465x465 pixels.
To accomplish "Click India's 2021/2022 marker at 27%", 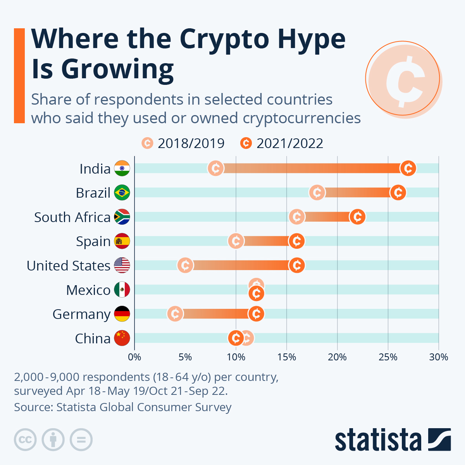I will (x=408, y=168).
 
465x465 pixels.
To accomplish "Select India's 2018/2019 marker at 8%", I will (x=215, y=168).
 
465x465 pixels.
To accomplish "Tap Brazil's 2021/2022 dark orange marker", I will (x=398, y=193).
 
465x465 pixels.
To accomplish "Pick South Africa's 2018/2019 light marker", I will (x=297, y=217).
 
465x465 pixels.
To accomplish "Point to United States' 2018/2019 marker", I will (x=185, y=265).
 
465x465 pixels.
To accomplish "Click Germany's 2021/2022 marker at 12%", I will (x=256, y=314).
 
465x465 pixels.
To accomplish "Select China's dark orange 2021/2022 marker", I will (x=236, y=338).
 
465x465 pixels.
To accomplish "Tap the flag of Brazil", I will (x=122, y=193).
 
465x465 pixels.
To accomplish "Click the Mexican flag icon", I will (x=122, y=289).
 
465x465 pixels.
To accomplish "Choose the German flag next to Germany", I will (x=122, y=314).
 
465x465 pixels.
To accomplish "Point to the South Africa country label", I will (x=72, y=217).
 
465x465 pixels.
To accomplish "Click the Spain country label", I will (x=93, y=241).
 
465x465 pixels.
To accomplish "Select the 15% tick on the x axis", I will (x=287, y=357).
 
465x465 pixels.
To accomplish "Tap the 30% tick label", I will (x=439, y=357).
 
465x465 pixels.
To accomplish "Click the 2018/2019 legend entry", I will (x=183, y=143).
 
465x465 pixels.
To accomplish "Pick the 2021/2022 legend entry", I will (x=282, y=143).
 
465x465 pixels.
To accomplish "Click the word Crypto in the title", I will (x=224, y=39).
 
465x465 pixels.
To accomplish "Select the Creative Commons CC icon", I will (x=25, y=440).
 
